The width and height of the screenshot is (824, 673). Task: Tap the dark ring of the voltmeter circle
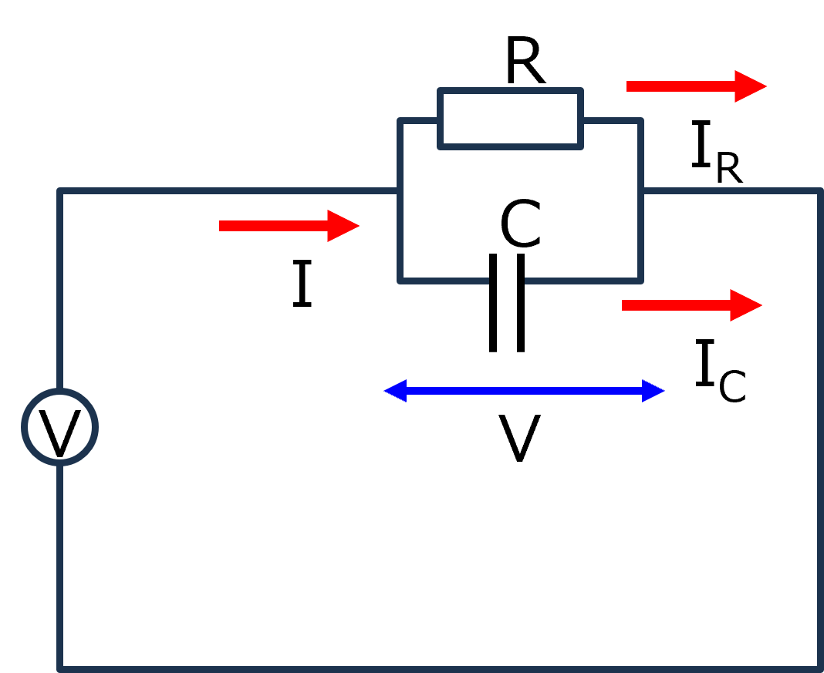click(25, 427)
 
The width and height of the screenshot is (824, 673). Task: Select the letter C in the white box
click(520, 224)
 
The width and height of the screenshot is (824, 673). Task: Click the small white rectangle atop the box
click(510, 118)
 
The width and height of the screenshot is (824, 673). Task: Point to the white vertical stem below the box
click(507, 316)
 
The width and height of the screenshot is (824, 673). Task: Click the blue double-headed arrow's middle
click(525, 391)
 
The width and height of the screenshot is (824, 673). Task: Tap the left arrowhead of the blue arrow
click(396, 391)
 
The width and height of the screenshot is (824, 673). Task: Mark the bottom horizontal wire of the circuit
click(440, 668)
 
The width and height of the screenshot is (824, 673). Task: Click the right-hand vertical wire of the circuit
click(819, 432)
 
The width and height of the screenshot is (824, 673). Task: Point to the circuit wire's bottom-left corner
click(60, 668)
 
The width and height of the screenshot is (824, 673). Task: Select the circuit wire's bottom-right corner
click(819, 668)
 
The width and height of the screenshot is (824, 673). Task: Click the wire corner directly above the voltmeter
click(60, 191)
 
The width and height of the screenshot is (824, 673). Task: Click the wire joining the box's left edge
click(231, 191)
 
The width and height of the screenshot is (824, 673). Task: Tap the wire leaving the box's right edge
click(729, 191)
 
